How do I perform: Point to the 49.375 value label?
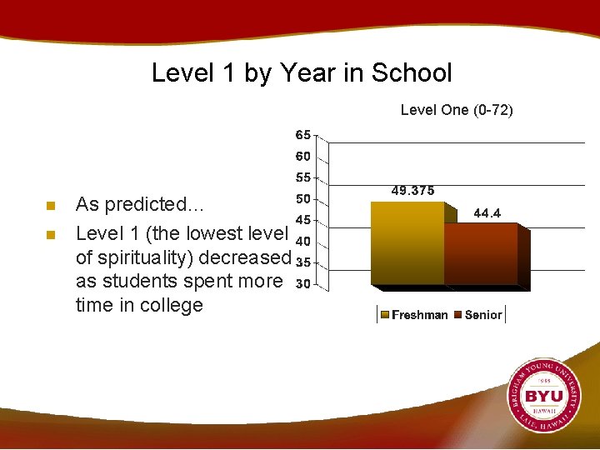click(412, 191)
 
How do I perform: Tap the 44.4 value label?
click(487, 213)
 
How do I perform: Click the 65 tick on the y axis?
click(303, 134)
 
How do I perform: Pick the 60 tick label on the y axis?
click(303, 156)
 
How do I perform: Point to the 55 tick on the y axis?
click(303, 177)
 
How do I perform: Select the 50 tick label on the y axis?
click(303, 199)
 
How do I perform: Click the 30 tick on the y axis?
click(303, 284)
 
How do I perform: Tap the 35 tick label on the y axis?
click(303, 262)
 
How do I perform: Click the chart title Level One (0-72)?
click(457, 110)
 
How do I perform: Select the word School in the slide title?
click(412, 73)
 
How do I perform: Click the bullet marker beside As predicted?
click(51, 206)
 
